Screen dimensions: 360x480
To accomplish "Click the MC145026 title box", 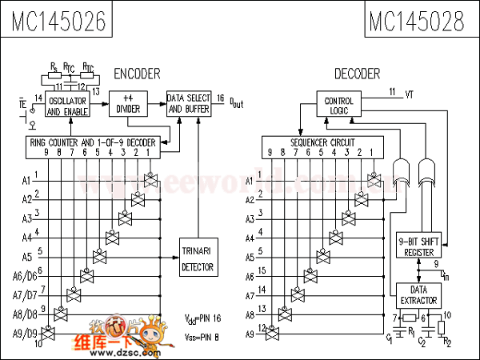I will (58, 22).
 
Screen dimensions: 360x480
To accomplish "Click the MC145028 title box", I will (417, 22).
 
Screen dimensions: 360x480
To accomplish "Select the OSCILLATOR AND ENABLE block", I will (67, 106).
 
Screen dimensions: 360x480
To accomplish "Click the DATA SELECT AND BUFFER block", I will (189, 104).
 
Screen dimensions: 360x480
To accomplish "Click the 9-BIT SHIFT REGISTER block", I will (419, 246).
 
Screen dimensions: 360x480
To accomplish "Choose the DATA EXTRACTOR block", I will (419, 294).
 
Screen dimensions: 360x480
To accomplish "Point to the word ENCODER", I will (137, 74).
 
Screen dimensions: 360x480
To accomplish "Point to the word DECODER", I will (357, 74).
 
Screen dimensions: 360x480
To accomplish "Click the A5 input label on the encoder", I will (26, 257).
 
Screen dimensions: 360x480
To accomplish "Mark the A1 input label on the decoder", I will (250, 180).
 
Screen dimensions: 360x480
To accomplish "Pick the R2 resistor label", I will (447, 342).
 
